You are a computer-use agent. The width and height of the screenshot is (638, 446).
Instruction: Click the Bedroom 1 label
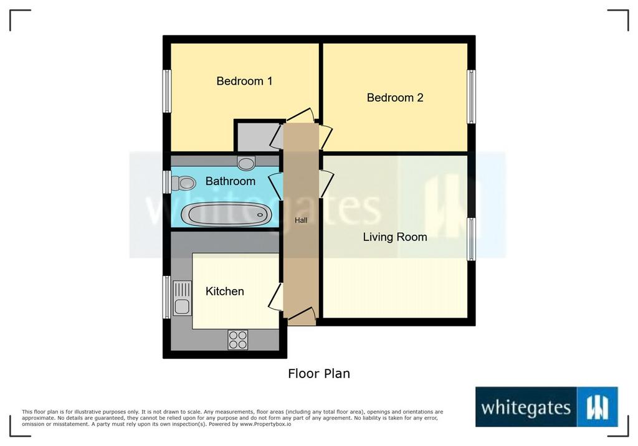244,81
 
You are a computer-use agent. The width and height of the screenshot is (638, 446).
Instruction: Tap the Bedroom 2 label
395,98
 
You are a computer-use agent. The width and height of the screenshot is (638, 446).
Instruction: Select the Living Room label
395,237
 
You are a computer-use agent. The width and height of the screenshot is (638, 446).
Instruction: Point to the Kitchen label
224,292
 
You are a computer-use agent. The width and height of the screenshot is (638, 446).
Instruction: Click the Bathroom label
231,181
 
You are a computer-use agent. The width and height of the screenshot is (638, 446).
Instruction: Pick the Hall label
301,220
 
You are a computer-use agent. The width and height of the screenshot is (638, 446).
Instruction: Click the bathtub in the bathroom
226,214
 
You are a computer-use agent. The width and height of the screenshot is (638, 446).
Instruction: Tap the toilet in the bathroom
184,183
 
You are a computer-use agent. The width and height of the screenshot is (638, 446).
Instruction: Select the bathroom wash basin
246,163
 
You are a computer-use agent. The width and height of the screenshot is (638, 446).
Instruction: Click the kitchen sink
183,298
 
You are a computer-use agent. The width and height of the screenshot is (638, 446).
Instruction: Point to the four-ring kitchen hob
238,339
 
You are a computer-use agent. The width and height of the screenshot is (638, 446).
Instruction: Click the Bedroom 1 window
167,91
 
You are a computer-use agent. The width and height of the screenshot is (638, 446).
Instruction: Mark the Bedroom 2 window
471,97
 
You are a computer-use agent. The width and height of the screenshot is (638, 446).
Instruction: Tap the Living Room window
471,239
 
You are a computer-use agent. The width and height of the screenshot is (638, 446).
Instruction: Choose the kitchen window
167,298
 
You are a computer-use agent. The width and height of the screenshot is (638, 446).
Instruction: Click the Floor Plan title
319,374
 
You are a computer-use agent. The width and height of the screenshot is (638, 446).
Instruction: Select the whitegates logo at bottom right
547,407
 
